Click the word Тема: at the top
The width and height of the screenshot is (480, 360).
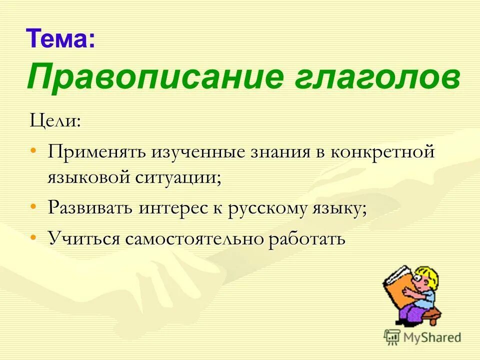tap(60, 38)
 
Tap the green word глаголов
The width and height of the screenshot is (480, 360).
tap(372, 76)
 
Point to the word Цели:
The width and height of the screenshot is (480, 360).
tap(54, 121)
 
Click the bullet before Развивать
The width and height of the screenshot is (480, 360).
tap(33, 206)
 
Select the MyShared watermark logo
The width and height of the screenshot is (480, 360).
tap(422, 337)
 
